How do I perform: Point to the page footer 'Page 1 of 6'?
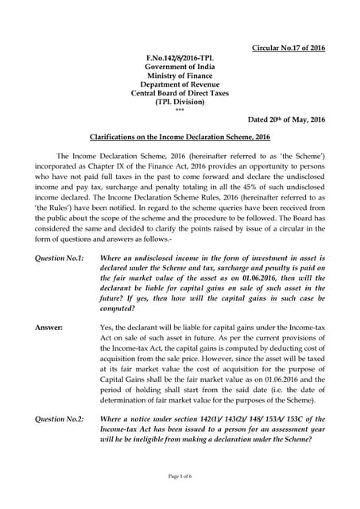pos(180,497)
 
